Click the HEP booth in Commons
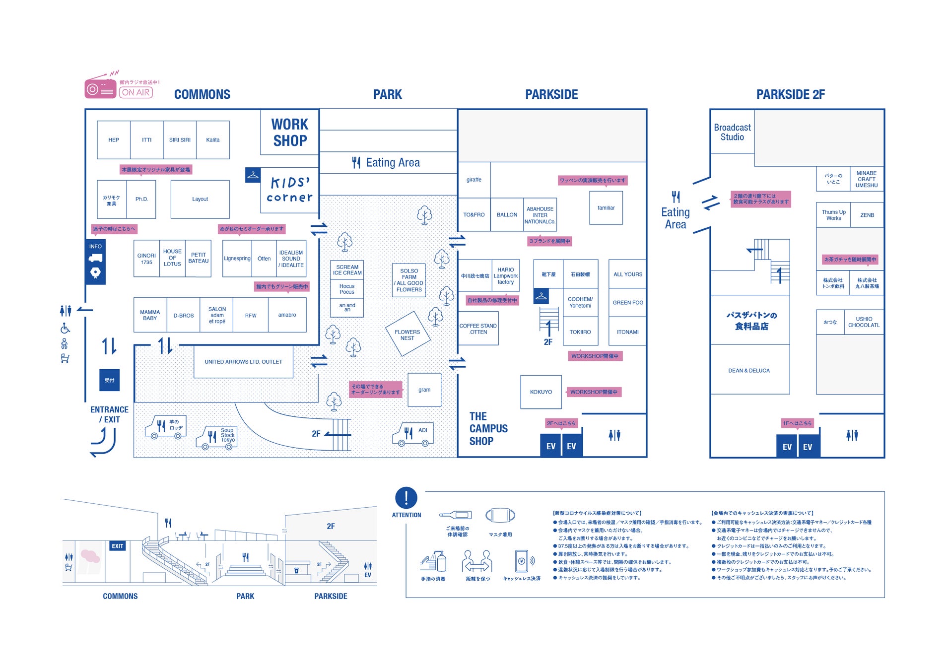coord(114,140)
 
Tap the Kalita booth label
coord(213,140)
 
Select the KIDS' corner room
coord(290,190)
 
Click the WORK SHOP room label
coord(290,132)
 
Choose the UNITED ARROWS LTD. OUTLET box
coord(243,362)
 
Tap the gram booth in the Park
coord(424,390)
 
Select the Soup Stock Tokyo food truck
coord(217,437)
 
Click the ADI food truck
coord(413,434)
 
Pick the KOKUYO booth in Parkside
coord(541,392)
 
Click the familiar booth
coord(606,208)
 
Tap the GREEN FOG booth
coord(628,303)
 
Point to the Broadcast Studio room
coord(732,132)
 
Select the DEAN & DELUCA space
coord(749,371)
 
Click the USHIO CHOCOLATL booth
coord(864,322)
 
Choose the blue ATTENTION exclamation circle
coord(406,497)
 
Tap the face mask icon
coord(500,516)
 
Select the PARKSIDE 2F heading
coord(790,94)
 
